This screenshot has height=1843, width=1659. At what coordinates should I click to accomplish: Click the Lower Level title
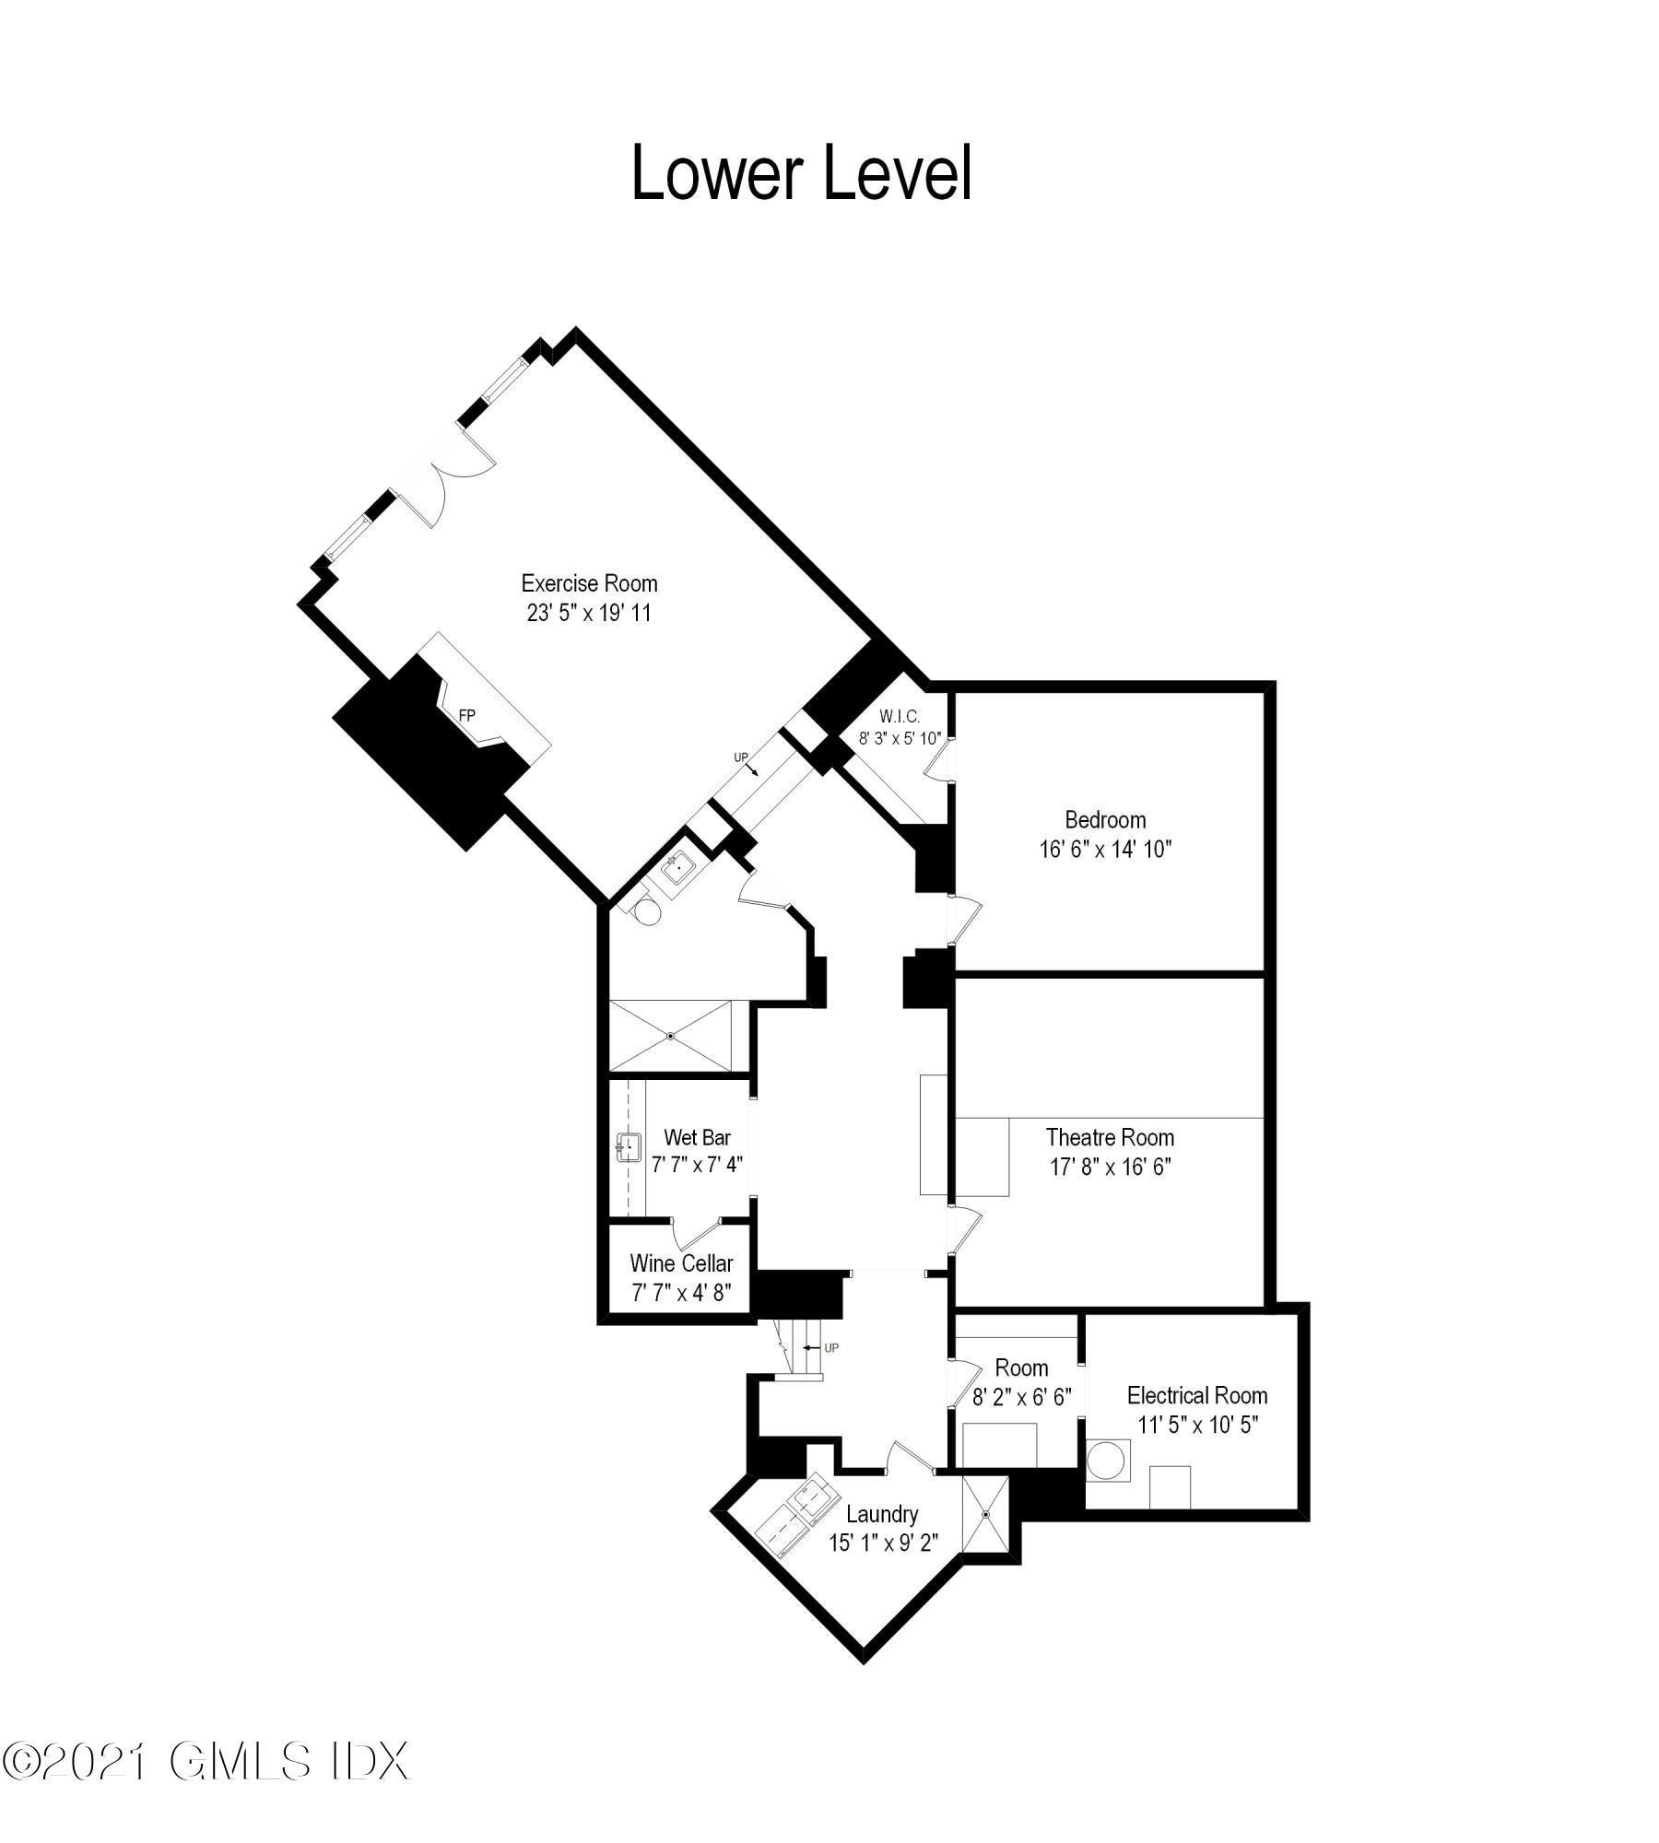click(x=801, y=173)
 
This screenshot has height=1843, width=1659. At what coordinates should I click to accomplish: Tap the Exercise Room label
click(x=589, y=583)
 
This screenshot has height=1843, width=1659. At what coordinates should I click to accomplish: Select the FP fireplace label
click(x=467, y=714)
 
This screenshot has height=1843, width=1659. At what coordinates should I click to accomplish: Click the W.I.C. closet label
click(x=900, y=716)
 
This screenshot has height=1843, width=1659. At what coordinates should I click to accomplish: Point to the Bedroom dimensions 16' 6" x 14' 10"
click(x=1105, y=849)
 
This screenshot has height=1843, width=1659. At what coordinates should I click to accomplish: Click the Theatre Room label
click(x=1110, y=1137)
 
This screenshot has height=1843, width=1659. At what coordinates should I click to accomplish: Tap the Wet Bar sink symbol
click(x=629, y=1148)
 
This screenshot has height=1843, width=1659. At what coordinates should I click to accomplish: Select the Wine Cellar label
click(x=681, y=1262)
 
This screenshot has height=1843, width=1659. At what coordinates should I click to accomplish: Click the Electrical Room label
click(x=1197, y=1395)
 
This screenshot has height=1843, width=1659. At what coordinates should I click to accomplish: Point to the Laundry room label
click(x=882, y=1514)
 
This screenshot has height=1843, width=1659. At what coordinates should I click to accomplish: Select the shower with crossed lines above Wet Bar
click(x=670, y=1036)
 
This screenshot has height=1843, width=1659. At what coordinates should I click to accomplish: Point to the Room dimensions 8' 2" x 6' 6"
click(x=1021, y=1398)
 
